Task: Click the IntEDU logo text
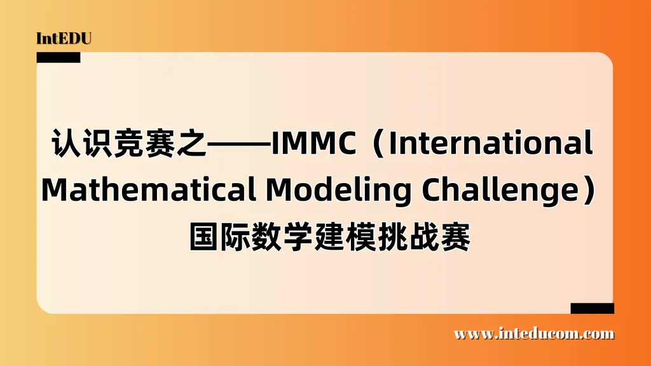click(64, 38)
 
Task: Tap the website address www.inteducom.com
click(534, 334)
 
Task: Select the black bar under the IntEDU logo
click(58, 57)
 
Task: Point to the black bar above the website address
click(592, 308)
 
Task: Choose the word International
click(490, 145)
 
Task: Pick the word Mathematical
click(146, 189)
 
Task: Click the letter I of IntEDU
click(39, 38)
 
